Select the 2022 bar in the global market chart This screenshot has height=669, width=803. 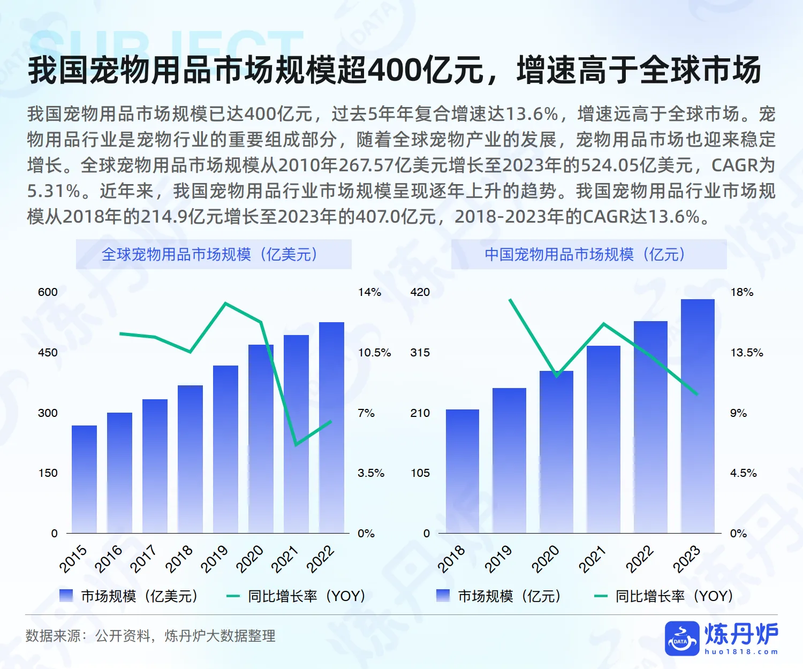pyautogui.click(x=331, y=428)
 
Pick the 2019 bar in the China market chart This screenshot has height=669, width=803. pyautogui.click(x=509, y=460)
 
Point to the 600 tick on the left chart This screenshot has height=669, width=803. pyautogui.click(x=48, y=292)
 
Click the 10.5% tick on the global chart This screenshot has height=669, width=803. pyautogui.click(x=374, y=353)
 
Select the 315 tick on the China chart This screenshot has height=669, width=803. pyautogui.click(x=420, y=353)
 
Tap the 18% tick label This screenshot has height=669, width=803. pyautogui.click(x=741, y=292)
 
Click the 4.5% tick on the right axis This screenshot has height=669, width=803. pyautogui.click(x=743, y=473)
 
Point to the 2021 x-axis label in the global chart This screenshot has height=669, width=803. pyautogui.click(x=284, y=559)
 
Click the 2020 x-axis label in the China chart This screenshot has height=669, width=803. pyautogui.click(x=545, y=559)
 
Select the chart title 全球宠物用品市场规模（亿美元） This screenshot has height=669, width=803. pyautogui.click(x=213, y=254)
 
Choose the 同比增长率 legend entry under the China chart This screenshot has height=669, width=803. pyautogui.click(x=664, y=596)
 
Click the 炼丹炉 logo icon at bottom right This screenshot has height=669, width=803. pyautogui.click(x=681, y=638)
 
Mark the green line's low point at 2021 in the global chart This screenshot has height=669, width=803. pyautogui.click(x=296, y=445)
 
